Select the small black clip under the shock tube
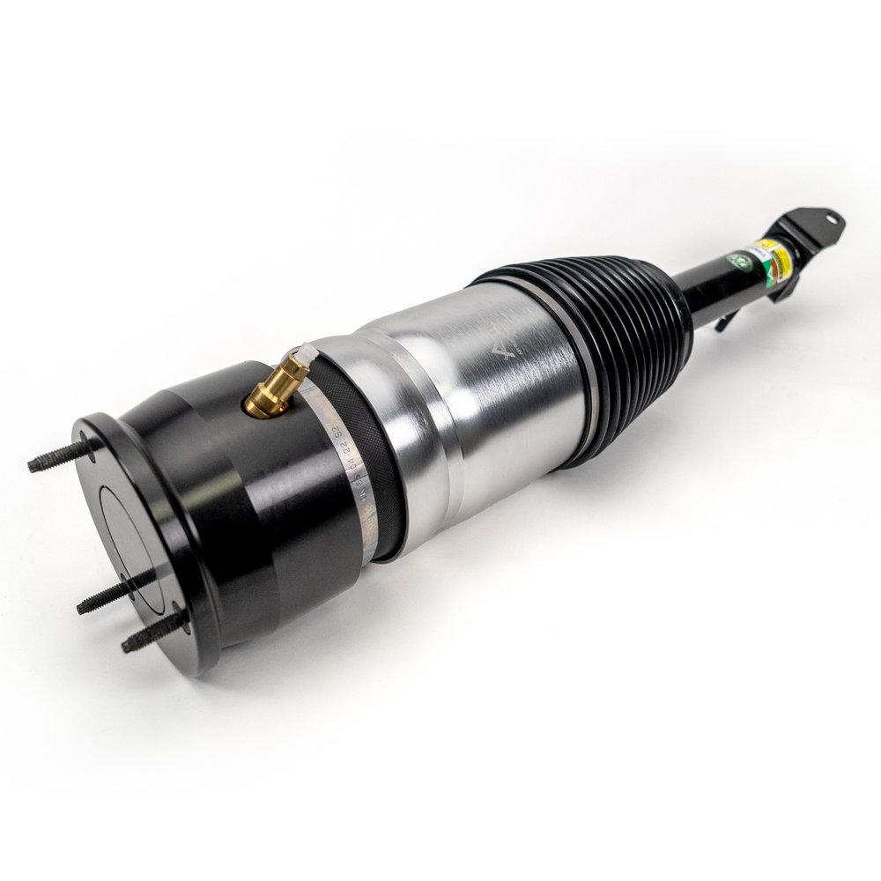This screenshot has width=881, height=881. coord(723,321)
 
